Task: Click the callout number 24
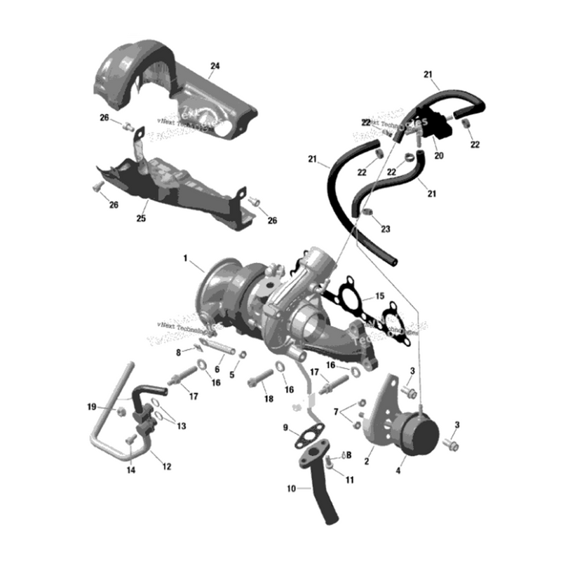coord(215,66)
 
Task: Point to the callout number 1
coord(187,258)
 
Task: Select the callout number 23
coord(386,229)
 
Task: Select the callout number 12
coord(165,466)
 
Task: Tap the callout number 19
coord(91,407)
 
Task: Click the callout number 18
coord(268,399)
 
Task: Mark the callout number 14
coord(130,471)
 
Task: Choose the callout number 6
coord(217,370)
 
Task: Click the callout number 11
coord(350,480)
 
